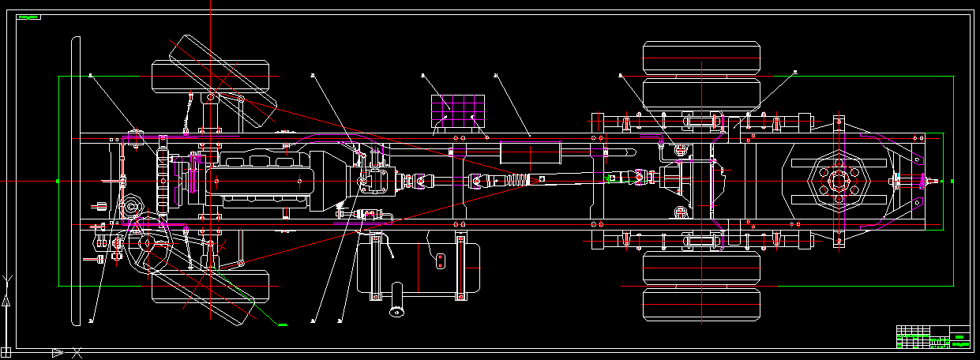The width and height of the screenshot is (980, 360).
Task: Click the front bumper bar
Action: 77,181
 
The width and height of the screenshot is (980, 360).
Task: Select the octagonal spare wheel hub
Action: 839,181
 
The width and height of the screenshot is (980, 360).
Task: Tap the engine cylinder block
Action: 261,181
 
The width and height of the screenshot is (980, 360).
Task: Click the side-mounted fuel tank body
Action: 419,266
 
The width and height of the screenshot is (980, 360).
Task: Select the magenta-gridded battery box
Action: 457,111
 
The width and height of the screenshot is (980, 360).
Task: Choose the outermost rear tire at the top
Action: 704,58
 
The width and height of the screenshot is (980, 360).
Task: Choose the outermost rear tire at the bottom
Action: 704,305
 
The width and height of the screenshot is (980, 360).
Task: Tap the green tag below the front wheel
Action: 283,324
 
